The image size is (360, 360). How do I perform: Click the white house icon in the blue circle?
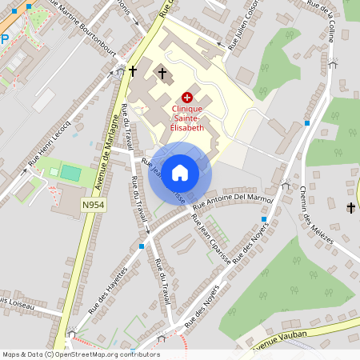pyautogui.click(x=180, y=172)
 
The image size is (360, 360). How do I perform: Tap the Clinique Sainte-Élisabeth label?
pyautogui.click(x=186, y=118)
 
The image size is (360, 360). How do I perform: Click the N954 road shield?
pyautogui.click(x=93, y=205)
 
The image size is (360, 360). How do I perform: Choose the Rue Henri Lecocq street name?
pyautogui.click(x=50, y=144)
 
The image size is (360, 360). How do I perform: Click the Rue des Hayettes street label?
pyautogui.click(x=107, y=289)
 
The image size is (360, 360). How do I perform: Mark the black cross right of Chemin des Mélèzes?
pyautogui.click(x=350, y=208)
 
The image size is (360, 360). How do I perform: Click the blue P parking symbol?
pyautogui.click(x=4, y=38)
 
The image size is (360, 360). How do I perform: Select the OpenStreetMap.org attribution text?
pyautogui.click(x=105, y=354)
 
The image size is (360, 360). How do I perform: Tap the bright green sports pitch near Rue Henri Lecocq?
pyautogui.click(x=70, y=172)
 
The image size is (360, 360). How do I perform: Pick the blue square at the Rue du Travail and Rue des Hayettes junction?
pyautogui.click(x=141, y=246)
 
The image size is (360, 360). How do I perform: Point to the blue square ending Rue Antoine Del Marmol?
pyautogui.click(x=263, y=218)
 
